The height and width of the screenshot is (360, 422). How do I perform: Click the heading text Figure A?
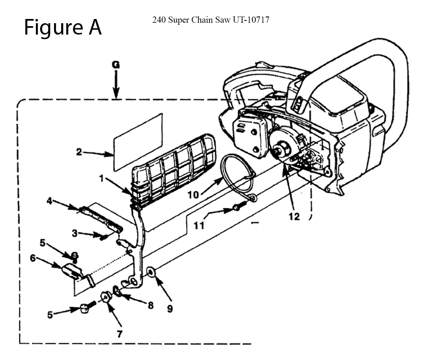[62, 27]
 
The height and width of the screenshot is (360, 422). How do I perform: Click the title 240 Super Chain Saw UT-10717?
[211, 20]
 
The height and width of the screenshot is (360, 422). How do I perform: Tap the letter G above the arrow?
[116, 65]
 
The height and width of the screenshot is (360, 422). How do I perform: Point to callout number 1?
[101, 179]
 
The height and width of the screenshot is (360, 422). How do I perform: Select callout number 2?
[79, 152]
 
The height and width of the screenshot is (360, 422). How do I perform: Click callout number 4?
[49, 201]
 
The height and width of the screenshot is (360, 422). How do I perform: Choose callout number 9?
[170, 309]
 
